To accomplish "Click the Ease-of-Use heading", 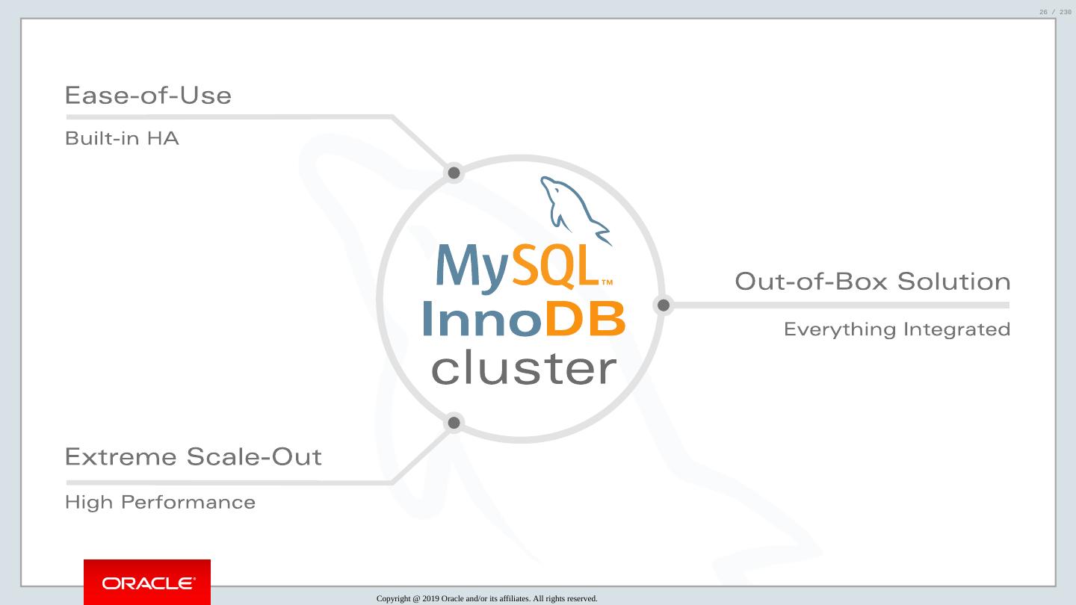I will [148, 96].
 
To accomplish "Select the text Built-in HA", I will [122, 139].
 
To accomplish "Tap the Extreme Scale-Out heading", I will [193, 456].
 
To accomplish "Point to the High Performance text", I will [160, 502].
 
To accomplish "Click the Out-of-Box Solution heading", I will [872, 282].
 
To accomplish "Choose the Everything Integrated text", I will [897, 329].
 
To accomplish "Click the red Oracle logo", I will [147, 582].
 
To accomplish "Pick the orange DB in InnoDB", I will [585, 319].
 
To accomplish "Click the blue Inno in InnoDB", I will [482, 319].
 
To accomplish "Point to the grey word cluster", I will [524, 368].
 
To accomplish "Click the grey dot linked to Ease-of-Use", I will [454, 173].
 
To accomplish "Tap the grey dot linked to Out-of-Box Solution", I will [663, 305].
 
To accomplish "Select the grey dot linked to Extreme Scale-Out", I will [454, 423].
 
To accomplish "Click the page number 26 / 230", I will [1054, 12].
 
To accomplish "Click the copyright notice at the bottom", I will [486, 598].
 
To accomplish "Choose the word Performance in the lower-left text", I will [188, 502].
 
